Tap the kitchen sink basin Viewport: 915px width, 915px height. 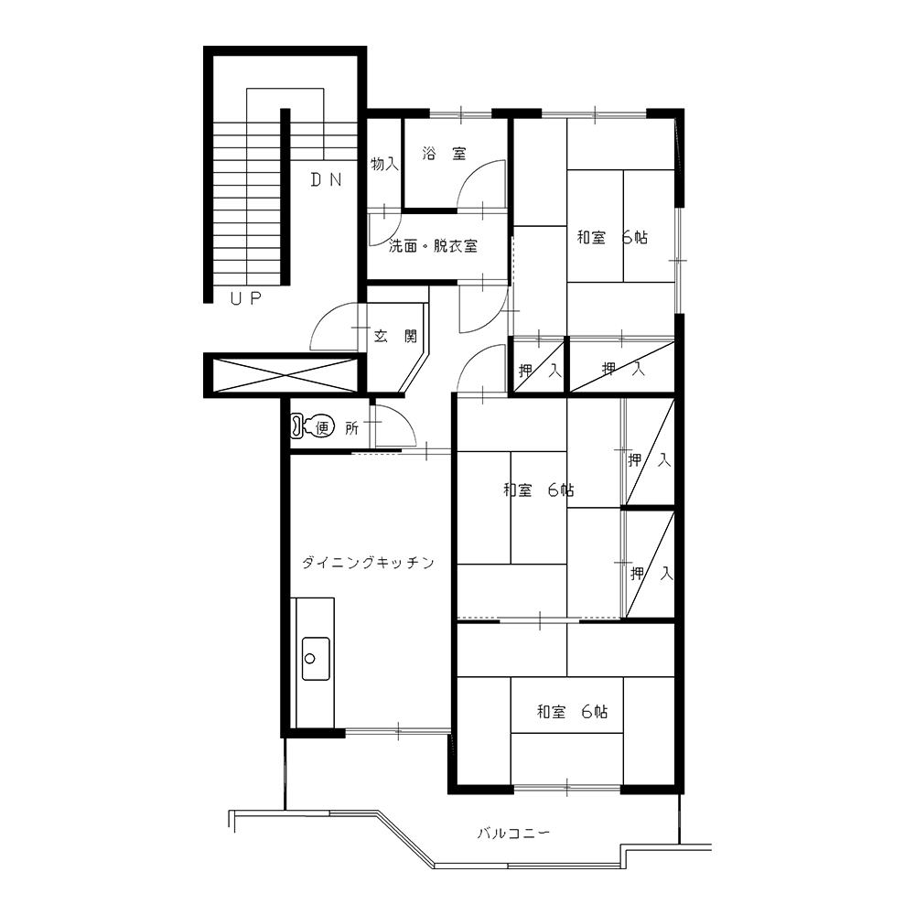point(315,659)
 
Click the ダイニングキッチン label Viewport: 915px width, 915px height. point(368,563)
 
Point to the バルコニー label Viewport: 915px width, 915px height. point(513,833)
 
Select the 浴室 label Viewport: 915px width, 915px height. point(444,154)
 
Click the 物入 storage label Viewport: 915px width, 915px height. point(384,164)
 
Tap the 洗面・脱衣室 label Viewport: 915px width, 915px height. point(433,246)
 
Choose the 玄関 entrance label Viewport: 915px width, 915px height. point(395,336)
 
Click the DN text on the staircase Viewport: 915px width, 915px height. point(327,179)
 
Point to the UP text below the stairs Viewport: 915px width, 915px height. point(245,299)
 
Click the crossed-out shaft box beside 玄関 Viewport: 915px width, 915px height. point(285,375)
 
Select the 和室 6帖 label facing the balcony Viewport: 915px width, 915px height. point(573,711)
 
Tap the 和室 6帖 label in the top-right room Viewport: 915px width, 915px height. point(612,238)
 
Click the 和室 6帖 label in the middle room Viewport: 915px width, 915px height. point(539,490)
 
